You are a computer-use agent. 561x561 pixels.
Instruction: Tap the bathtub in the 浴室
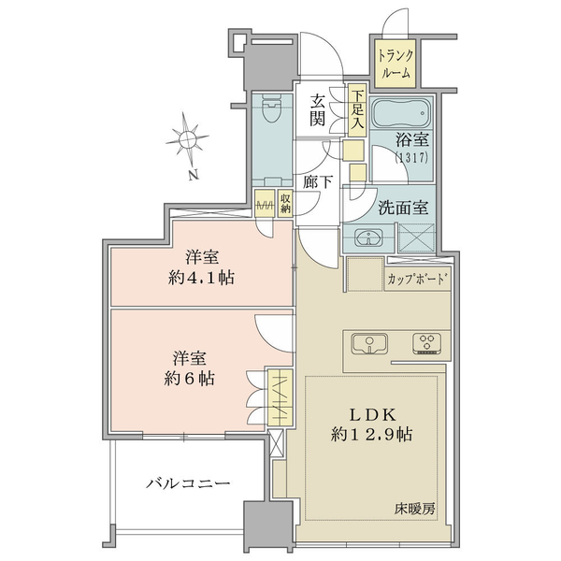pos(401,114)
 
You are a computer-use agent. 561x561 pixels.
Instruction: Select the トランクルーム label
pos(396,64)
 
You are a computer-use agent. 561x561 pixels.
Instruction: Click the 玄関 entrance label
pos(317,110)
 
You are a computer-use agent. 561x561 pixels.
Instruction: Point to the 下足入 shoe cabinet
pos(357,111)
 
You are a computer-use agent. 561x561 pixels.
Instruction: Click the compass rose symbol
pos(187,137)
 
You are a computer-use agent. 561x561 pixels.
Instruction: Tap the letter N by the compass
pos(194,175)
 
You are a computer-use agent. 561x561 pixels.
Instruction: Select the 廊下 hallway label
pos(318,182)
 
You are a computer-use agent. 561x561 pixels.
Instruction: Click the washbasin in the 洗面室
pos(368,237)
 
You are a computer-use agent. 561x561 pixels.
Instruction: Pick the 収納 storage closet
pos(285,204)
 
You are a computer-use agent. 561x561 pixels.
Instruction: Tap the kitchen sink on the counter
pos(369,344)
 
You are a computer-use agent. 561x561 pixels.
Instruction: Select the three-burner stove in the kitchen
pos(426,343)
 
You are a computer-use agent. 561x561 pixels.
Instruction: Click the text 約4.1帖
pos(201,278)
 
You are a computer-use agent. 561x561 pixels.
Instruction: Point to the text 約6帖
pos(189,378)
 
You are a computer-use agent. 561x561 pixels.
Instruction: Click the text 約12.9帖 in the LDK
pos(371,434)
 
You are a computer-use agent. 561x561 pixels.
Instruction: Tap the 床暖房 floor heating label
pos(415,509)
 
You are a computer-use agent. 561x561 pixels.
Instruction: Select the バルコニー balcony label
pos(188,483)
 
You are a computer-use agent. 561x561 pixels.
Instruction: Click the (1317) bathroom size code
pos(411,158)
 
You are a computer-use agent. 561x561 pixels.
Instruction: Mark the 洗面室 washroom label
pos(403,208)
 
